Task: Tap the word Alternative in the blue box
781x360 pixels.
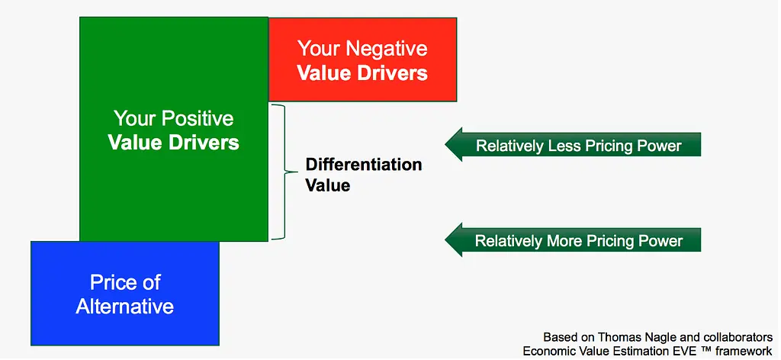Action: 124,306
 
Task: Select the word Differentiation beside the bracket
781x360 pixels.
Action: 364,164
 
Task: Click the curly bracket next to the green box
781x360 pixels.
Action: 279,172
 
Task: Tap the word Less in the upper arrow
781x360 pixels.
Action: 561,146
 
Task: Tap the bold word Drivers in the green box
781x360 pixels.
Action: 206,143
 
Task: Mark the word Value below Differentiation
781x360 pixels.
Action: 328,186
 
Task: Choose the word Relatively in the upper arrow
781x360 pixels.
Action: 510,146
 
